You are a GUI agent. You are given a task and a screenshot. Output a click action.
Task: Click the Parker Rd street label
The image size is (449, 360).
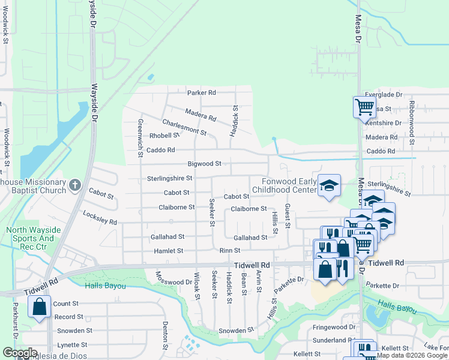click(x=201, y=93)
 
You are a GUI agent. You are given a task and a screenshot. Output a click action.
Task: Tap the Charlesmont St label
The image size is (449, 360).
click(x=184, y=127)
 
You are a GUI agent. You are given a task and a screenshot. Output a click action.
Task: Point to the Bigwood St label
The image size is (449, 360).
click(x=205, y=163)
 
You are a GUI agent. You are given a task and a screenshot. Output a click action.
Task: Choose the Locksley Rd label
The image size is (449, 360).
click(x=100, y=218)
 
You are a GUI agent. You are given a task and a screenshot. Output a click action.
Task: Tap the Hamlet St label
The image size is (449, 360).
click(x=167, y=251)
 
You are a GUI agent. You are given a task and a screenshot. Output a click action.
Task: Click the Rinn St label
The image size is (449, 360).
click(x=229, y=251)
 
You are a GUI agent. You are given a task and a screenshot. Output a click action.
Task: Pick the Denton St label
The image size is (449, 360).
click(x=164, y=335)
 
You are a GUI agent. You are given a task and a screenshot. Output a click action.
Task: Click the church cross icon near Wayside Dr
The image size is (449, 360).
click(x=75, y=184)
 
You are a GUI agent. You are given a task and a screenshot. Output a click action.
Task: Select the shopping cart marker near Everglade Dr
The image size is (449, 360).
click(x=364, y=107)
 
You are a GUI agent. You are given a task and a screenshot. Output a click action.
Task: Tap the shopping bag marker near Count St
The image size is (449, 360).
click(x=39, y=307)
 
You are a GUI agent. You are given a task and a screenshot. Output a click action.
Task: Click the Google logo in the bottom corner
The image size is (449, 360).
click(x=20, y=353)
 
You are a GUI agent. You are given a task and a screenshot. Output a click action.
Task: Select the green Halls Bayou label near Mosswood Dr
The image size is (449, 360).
click(x=106, y=286)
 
